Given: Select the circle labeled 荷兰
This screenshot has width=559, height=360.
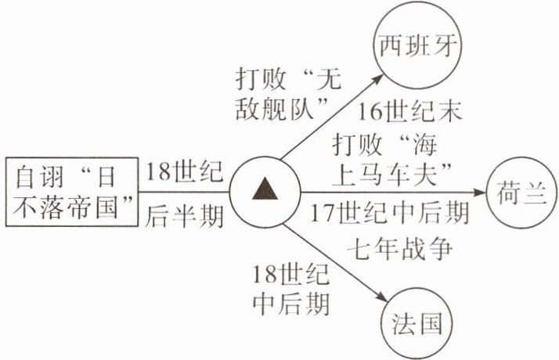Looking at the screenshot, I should tap(520, 190).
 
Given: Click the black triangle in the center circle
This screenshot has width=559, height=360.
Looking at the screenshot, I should tap(265, 189).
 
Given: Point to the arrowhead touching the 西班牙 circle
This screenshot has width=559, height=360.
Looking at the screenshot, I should tap(376, 77).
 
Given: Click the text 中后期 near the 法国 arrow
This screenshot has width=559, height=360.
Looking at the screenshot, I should tap(292, 302).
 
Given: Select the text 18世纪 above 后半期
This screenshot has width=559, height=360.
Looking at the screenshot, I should tap(186, 169).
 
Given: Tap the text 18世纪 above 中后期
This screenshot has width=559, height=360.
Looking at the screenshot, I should tap(291, 274).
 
